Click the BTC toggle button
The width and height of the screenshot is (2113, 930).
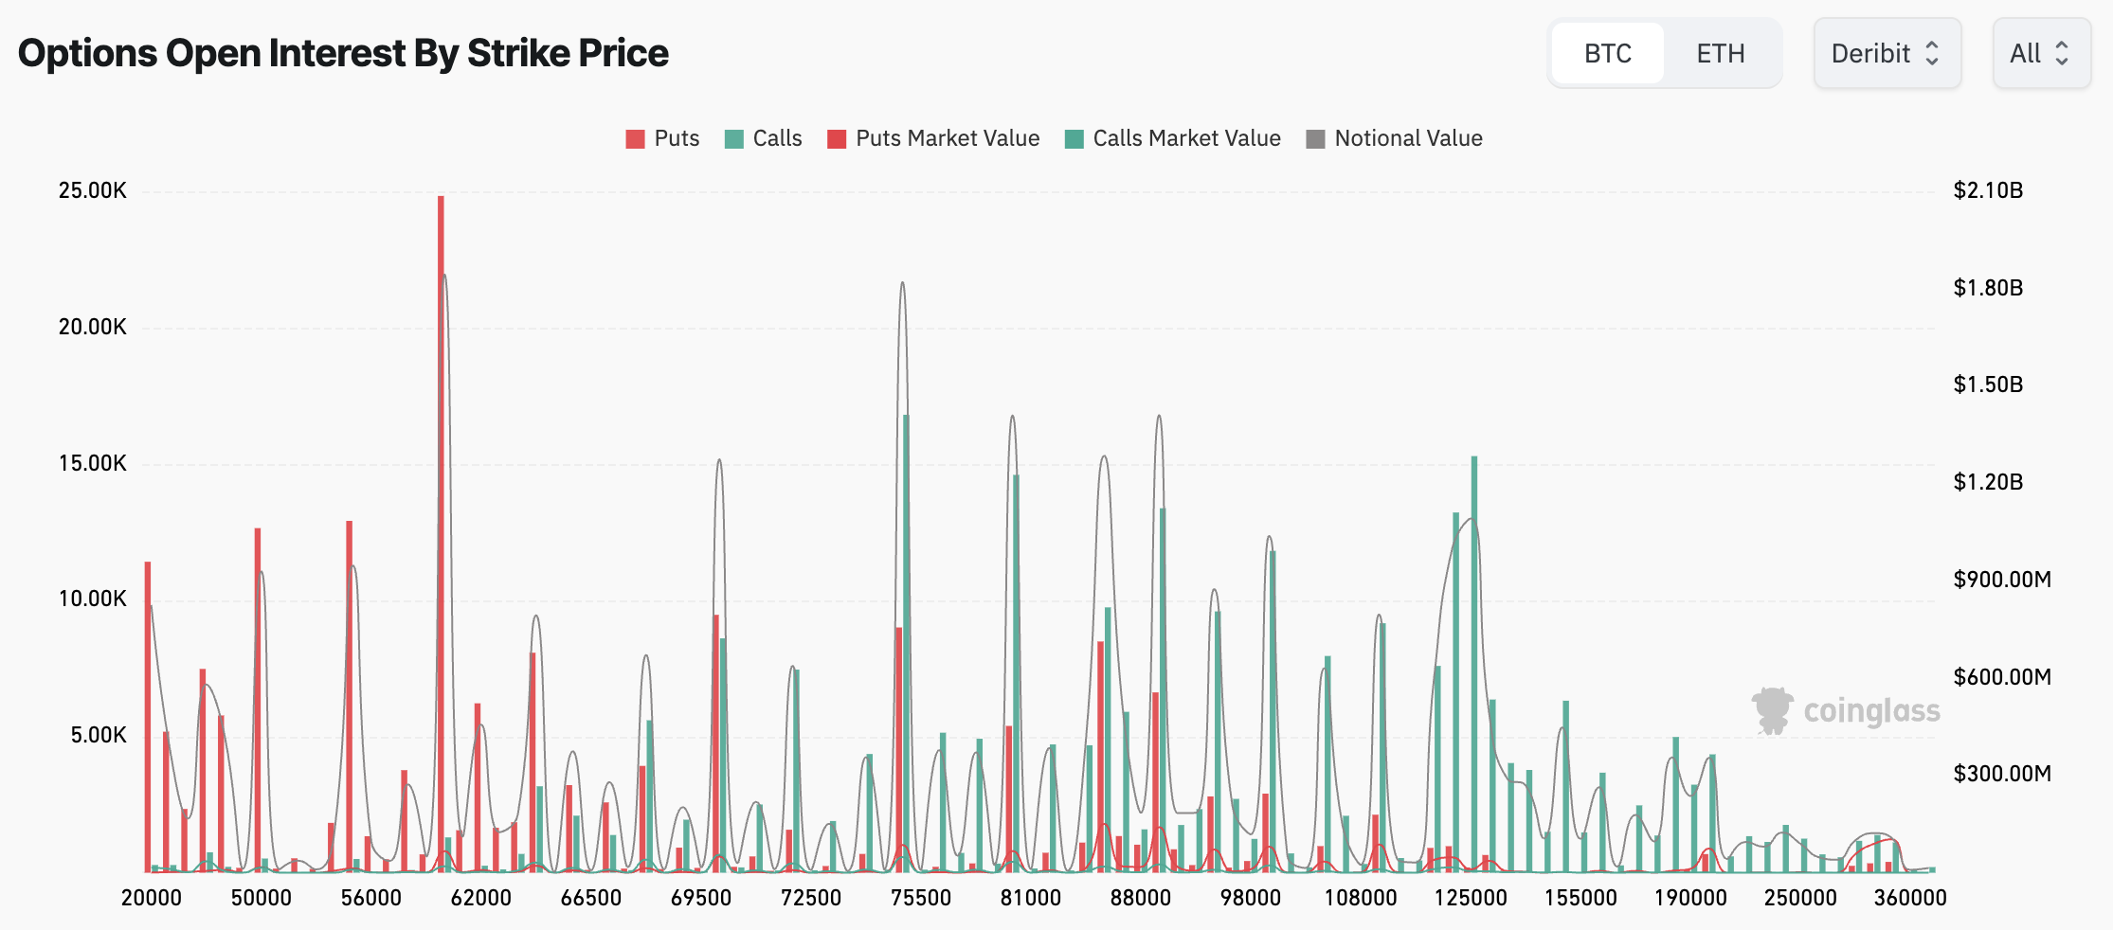[x=1607, y=54]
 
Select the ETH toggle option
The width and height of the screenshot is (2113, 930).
[x=1720, y=54]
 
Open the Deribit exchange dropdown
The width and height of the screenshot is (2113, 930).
[x=1886, y=54]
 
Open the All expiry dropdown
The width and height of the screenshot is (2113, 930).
[x=2040, y=54]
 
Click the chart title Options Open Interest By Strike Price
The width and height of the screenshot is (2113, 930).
[x=343, y=53]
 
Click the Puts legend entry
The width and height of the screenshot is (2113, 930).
[x=663, y=138]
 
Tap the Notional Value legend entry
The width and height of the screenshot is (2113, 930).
[x=1395, y=138]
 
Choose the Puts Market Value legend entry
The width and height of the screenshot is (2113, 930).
[x=934, y=138]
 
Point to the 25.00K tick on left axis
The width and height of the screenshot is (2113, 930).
[x=92, y=190]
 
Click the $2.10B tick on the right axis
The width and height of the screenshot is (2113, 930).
[x=1988, y=190]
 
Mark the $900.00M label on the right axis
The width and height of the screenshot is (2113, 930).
[x=2001, y=580]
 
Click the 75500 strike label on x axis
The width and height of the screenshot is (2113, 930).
[x=920, y=898]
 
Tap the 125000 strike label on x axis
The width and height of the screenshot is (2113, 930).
[x=1470, y=898]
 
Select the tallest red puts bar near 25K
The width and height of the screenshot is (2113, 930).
[x=441, y=530]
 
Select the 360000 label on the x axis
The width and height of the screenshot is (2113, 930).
[x=1909, y=898]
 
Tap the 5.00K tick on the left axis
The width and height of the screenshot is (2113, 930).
[x=98, y=736]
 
